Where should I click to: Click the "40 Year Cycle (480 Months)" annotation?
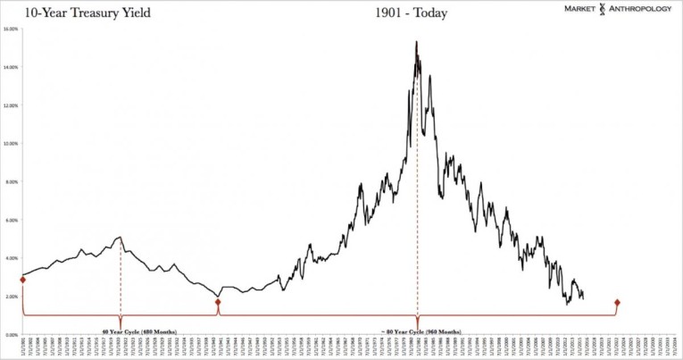(x=120, y=330)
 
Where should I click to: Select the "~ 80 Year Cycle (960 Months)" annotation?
(x=417, y=330)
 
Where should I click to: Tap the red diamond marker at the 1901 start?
(x=22, y=280)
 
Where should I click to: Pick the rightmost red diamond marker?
(x=617, y=302)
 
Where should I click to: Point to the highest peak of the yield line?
(x=416, y=42)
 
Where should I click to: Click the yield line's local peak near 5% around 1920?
(x=120, y=237)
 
